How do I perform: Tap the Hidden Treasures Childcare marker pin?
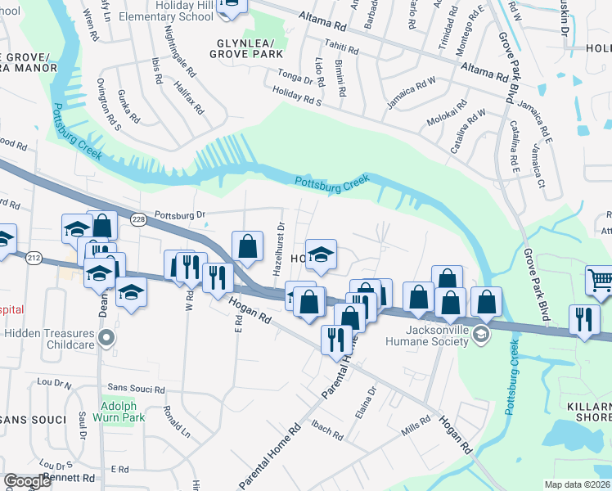coord(106,337)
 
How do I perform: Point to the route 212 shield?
coord(34,259)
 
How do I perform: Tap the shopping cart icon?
coord(600,281)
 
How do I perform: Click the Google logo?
coord(28,481)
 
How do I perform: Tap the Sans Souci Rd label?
coord(136,387)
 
